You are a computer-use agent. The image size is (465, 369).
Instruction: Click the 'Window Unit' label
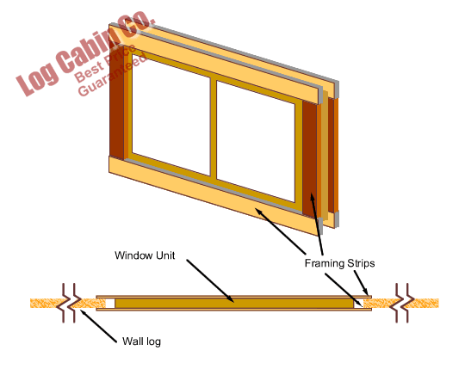click(x=145, y=255)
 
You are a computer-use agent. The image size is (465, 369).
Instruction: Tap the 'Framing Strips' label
click(x=339, y=263)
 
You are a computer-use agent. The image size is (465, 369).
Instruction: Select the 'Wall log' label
click(x=141, y=341)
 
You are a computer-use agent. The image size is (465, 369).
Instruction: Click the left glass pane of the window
click(x=171, y=115)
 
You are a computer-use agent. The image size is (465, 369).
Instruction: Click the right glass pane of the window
click(x=256, y=142)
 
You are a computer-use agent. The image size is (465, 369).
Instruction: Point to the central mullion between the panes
click(x=214, y=128)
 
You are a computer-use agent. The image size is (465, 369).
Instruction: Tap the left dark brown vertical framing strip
click(x=116, y=101)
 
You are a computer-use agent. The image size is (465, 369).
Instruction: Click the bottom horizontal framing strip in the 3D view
click(x=214, y=195)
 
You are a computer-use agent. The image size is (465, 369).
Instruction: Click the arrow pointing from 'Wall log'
click(x=98, y=326)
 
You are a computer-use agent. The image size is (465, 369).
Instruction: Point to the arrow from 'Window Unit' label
click(x=210, y=281)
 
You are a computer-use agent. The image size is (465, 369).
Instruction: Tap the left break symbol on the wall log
click(x=69, y=303)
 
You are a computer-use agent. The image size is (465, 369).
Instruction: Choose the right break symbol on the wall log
click(x=402, y=303)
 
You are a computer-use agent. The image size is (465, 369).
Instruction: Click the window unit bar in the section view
click(x=234, y=304)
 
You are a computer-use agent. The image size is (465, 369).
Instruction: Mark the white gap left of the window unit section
click(x=110, y=304)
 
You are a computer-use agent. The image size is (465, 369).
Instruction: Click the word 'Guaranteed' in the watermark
click(x=112, y=75)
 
